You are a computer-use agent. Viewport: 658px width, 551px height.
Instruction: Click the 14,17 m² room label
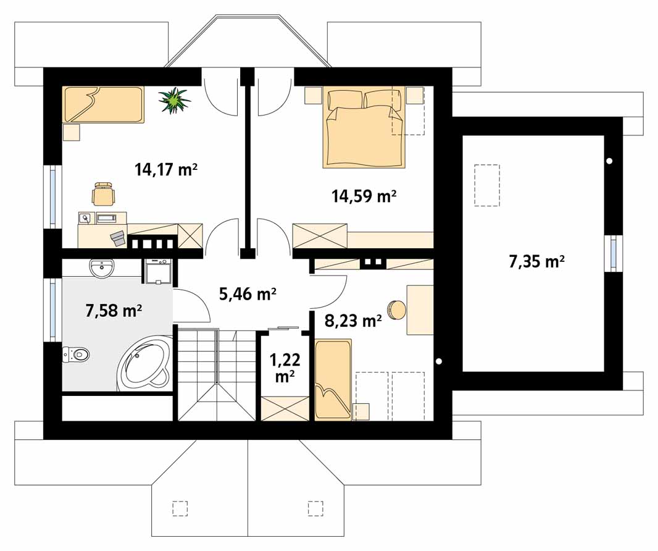pos(166,170)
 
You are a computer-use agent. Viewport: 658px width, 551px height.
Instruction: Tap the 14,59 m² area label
pos(364,196)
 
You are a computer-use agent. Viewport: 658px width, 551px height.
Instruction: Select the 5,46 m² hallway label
pos(248,294)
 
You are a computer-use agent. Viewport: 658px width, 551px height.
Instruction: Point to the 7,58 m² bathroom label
pos(114,311)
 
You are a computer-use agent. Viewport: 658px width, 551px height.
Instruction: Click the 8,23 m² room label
pos(353,321)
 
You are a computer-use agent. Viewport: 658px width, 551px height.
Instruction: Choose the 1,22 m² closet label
pos(285,368)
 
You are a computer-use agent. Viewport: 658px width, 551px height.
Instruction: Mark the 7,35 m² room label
pos(537,262)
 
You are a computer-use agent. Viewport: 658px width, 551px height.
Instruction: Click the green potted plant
pos(174,100)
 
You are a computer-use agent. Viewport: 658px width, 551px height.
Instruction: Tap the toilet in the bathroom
pos(76,355)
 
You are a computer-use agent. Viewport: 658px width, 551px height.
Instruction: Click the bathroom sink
pos(101,269)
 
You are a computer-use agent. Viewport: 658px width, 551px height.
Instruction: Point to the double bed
pos(364,128)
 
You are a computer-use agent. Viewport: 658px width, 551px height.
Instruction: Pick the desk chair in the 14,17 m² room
pos(104,193)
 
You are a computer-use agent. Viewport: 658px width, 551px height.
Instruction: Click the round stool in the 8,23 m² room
pos(396,310)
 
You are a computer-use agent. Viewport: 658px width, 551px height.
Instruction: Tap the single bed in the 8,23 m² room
pos(333,380)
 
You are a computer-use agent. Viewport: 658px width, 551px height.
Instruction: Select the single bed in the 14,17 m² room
pos(103,105)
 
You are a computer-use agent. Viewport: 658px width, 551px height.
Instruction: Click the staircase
pos(217,374)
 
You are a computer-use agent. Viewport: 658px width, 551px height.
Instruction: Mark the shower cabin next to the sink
pos(158,272)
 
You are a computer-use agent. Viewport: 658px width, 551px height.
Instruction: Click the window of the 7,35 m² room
pos(613,253)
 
